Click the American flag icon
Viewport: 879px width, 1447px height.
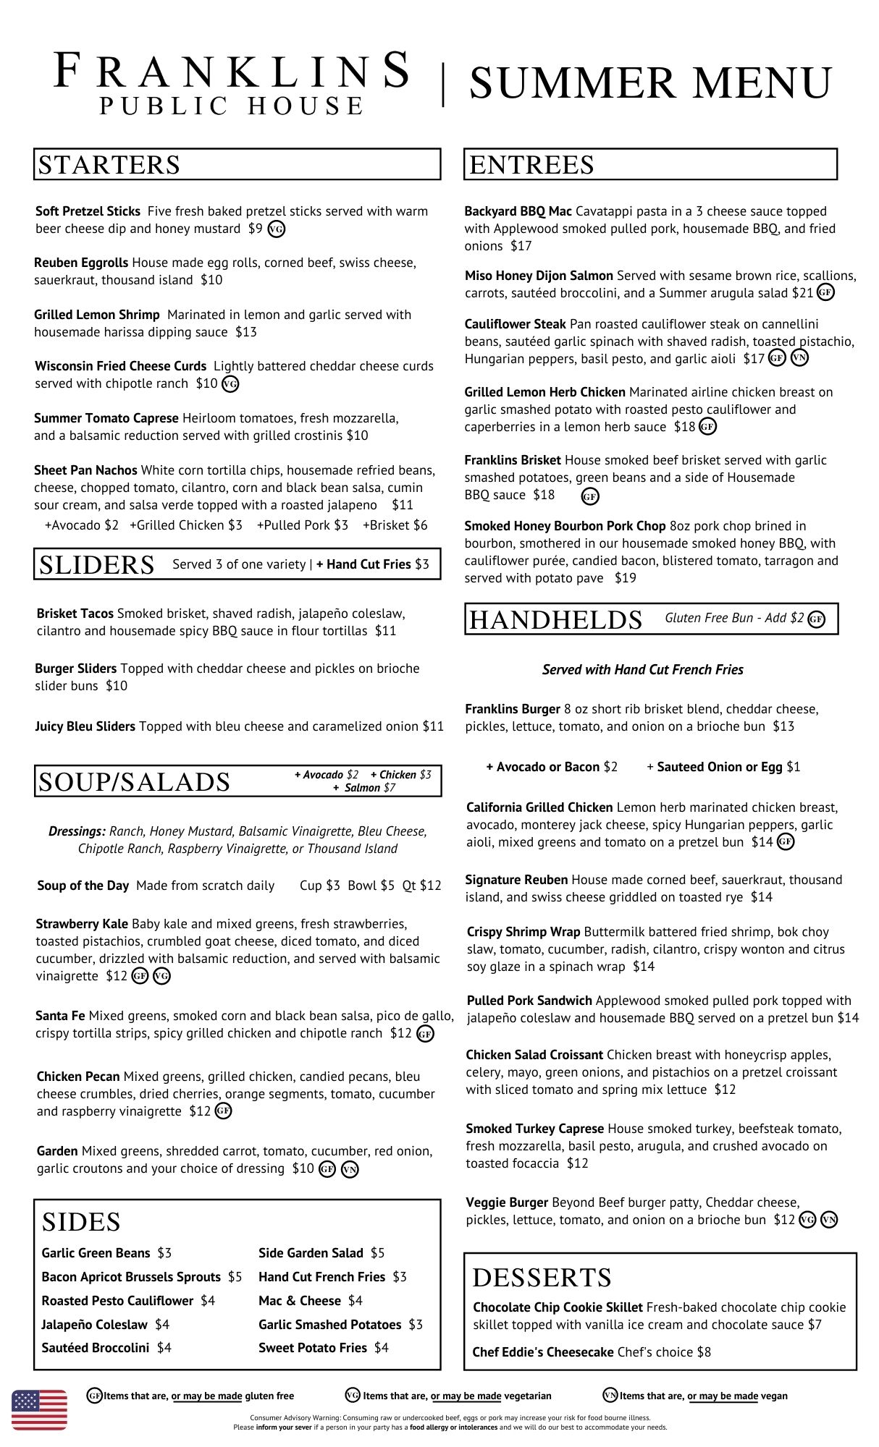click(x=39, y=1409)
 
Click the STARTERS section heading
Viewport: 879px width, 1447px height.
click(x=109, y=165)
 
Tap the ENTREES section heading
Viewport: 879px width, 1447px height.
click(x=532, y=165)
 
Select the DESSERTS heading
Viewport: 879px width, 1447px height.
click(x=542, y=1278)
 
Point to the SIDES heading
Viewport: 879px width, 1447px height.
click(x=81, y=1222)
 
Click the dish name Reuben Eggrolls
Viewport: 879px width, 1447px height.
click(x=81, y=263)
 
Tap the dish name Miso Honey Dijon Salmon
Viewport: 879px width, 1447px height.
click(x=539, y=276)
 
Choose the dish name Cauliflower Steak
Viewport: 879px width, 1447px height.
click(x=515, y=324)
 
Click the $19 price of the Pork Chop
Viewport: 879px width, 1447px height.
click(x=625, y=578)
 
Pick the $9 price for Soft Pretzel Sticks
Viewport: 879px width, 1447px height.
click(x=255, y=229)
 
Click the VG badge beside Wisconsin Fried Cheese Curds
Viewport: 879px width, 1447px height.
click(x=230, y=384)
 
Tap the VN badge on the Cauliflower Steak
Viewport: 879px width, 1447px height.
click(x=799, y=358)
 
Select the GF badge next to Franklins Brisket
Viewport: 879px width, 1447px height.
click(x=590, y=496)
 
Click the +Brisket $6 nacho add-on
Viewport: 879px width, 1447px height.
click(x=395, y=525)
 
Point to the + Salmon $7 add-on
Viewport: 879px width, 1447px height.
click(x=364, y=788)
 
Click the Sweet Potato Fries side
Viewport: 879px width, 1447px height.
click(x=323, y=1348)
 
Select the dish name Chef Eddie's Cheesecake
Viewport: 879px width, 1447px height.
click(x=542, y=1352)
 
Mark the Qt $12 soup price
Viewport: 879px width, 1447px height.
click(x=421, y=886)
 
